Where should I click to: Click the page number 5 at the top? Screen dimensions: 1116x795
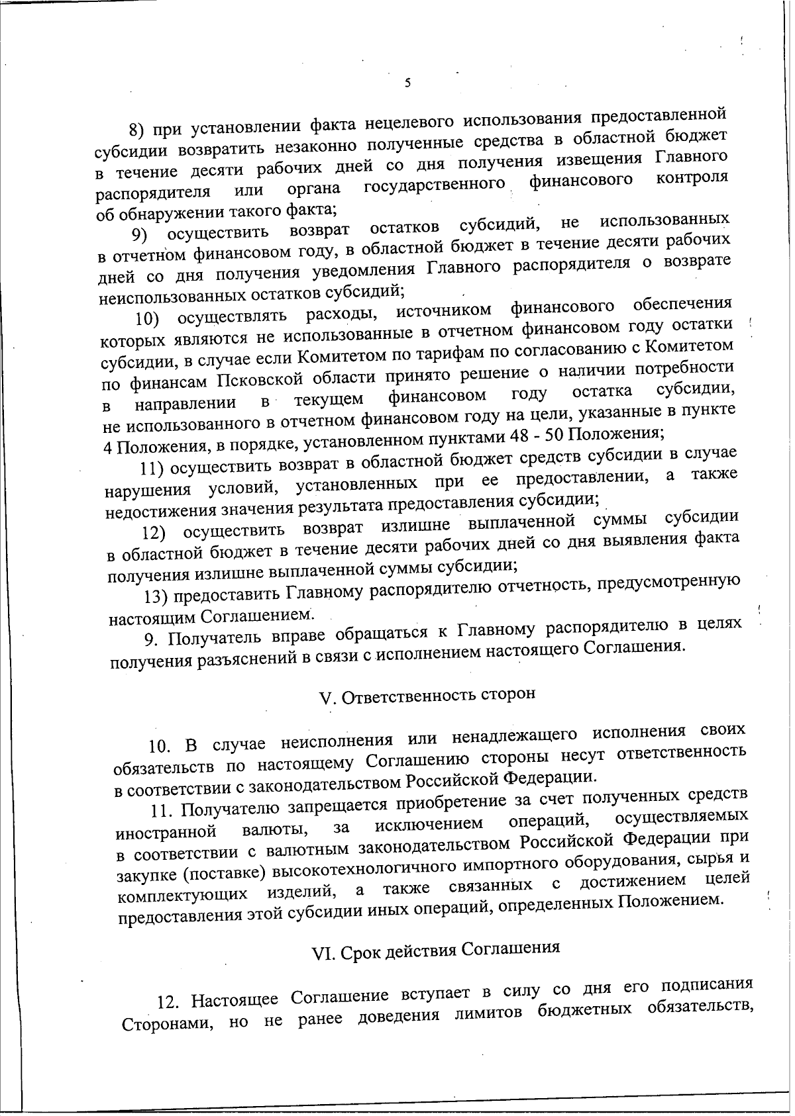[407, 83]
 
